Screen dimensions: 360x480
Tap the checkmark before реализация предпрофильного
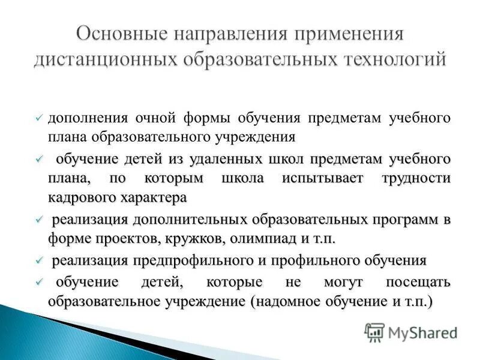[40, 261]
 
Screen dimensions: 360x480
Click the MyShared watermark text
[423, 332]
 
